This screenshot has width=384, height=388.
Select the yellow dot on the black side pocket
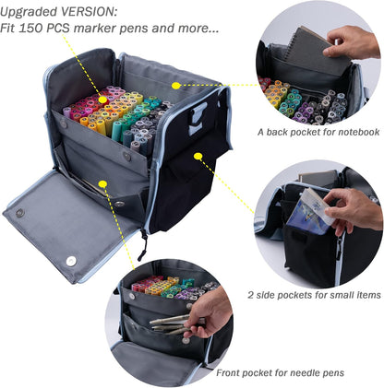click(198, 156)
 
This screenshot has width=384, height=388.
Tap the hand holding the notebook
click(355, 40)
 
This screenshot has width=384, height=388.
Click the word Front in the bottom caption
click(232, 372)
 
